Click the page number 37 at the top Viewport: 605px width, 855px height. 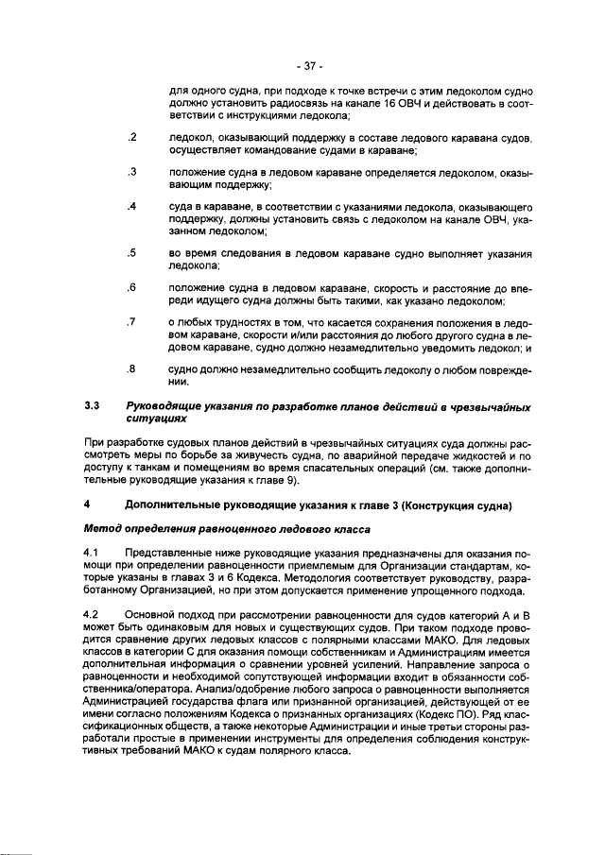(x=309, y=66)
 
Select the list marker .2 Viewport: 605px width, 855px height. (x=132, y=138)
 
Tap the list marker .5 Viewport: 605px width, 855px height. (x=132, y=253)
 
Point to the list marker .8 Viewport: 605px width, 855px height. (x=132, y=368)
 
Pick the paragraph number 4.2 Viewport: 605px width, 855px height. (x=91, y=615)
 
